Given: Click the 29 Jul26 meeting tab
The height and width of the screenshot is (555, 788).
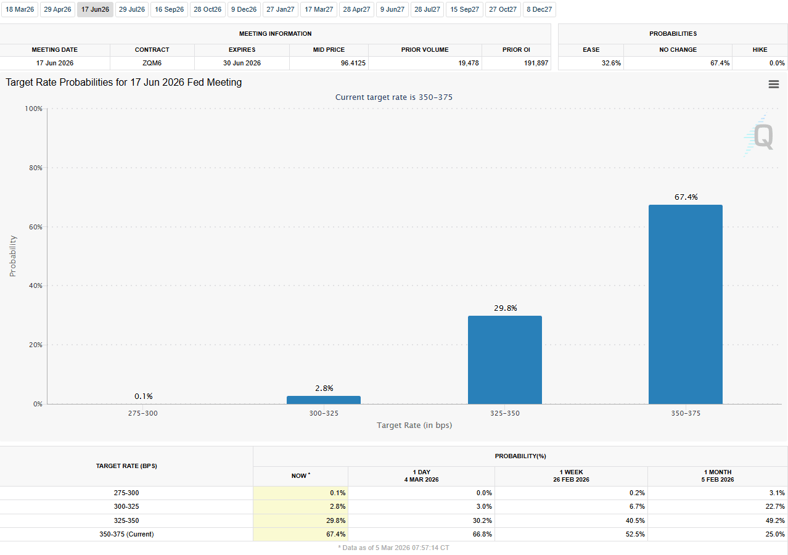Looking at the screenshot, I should [x=132, y=9].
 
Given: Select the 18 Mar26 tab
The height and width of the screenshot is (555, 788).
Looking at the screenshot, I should [x=20, y=9].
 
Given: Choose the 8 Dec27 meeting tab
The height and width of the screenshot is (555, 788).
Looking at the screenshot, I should [x=539, y=9].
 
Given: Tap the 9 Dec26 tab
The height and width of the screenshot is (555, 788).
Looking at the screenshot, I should [x=244, y=9].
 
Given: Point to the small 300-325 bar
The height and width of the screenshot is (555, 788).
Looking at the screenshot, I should [x=324, y=400].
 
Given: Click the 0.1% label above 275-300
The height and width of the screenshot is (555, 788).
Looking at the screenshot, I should [x=144, y=396].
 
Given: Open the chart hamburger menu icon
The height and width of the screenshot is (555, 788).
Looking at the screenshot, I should [x=773, y=84].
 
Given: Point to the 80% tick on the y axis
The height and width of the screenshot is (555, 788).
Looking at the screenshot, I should [x=34, y=168].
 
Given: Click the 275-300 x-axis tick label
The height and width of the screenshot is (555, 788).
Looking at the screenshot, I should [x=143, y=413].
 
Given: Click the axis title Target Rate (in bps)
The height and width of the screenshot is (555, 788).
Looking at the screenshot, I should [x=414, y=425].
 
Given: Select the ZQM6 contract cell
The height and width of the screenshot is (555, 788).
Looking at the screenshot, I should [x=152, y=63].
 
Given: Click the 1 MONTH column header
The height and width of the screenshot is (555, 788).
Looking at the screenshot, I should [x=717, y=475].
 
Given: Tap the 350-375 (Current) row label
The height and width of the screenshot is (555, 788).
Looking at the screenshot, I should [x=126, y=534].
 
